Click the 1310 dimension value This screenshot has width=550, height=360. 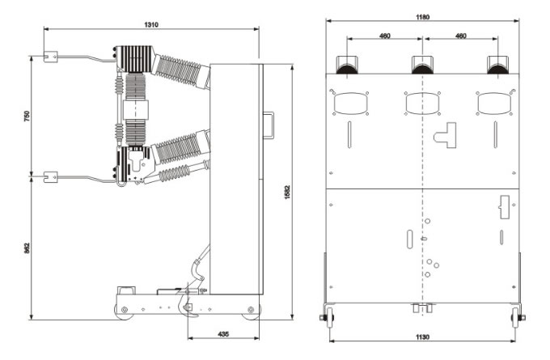[x=151, y=24]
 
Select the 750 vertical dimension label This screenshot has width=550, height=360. [x=27, y=116]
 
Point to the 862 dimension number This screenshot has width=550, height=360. [x=27, y=248]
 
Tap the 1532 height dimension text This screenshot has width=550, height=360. [x=287, y=193]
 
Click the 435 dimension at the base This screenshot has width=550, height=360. [x=223, y=333]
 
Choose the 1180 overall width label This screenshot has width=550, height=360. [x=422, y=17]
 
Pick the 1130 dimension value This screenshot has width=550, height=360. [x=422, y=337]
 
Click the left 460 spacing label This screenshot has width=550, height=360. [x=385, y=36]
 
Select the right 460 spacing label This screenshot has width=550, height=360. [x=460, y=36]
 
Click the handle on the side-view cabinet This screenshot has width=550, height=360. [x=269, y=125]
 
